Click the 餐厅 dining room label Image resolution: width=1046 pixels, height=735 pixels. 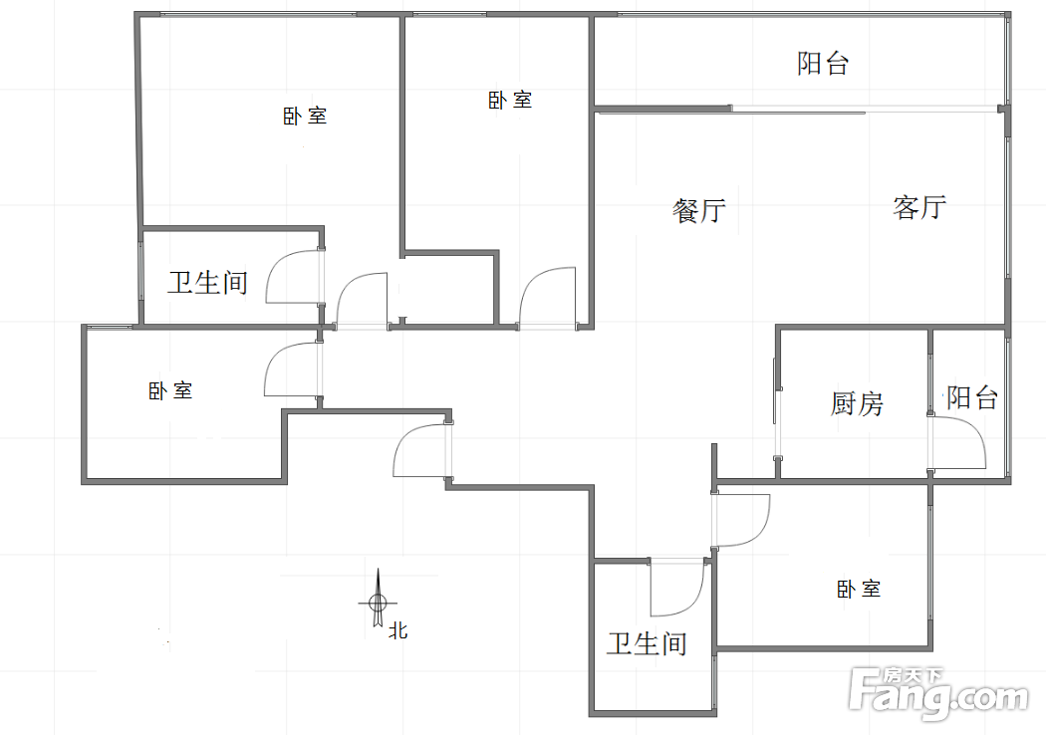(x=699, y=211)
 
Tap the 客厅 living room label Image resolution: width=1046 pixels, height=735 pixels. (x=918, y=208)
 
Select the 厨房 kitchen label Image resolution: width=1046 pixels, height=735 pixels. (x=857, y=403)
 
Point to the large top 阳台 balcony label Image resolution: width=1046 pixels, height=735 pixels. (x=823, y=64)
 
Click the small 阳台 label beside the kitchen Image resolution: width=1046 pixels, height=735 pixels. (x=971, y=398)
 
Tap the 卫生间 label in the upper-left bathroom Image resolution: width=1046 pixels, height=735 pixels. (x=207, y=283)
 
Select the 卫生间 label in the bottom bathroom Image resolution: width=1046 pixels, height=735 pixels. (x=647, y=644)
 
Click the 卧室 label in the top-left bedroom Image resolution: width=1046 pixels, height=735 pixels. (x=305, y=117)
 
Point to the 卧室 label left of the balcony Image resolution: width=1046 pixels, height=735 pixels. (x=510, y=101)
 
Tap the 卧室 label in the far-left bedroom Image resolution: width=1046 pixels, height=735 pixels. (x=170, y=391)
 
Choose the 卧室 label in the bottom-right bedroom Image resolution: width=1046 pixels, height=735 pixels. (x=859, y=590)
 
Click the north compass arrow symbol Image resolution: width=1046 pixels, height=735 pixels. (x=378, y=599)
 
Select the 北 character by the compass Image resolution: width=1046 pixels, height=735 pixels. (x=398, y=630)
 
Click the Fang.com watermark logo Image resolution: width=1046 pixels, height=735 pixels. (x=940, y=693)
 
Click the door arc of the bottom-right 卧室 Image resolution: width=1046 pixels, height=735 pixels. (x=743, y=520)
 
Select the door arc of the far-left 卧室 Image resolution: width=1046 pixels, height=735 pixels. (x=291, y=369)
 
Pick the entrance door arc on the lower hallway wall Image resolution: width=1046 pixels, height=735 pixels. (x=420, y=449)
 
